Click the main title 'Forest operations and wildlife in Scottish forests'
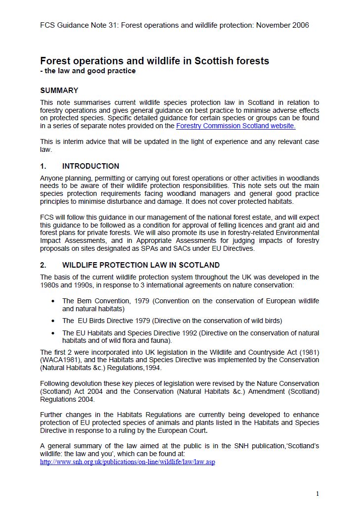point(154,61)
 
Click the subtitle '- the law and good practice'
point(88,71)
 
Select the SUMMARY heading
point(59,91)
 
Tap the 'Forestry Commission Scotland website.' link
point(235,126)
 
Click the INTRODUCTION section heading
point(90,166)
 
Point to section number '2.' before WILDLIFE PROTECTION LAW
point(43,265)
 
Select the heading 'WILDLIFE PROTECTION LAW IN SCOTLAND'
point(141,265)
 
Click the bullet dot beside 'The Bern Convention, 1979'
point(53,301)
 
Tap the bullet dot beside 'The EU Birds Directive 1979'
point(53,321)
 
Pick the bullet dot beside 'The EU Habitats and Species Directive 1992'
point(53,333)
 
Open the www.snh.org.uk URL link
point(128,462)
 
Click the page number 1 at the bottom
point(317,493)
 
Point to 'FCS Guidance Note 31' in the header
point(77,25)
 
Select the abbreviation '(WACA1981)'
point(58,360)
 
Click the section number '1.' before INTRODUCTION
point(43,166)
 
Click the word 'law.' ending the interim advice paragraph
point(45,149)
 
